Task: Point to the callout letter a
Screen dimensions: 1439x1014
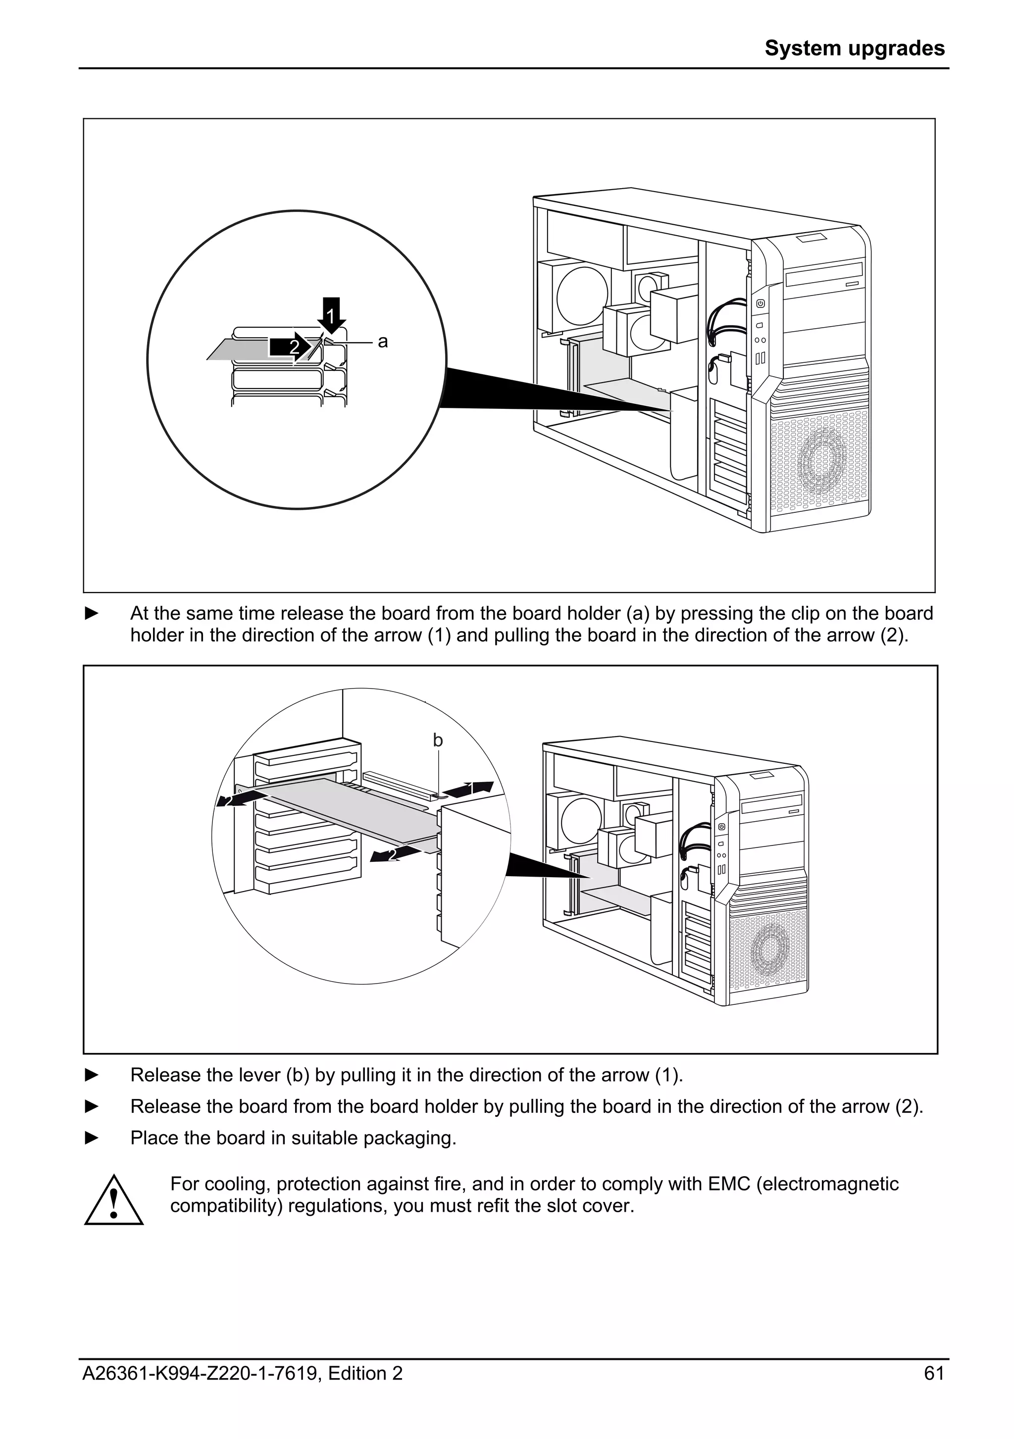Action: [382, 342]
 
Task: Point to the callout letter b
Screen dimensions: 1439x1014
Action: [438, 741]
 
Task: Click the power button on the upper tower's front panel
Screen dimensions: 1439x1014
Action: [760, 304]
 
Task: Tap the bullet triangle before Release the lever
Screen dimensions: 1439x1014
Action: [92, 1075]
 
